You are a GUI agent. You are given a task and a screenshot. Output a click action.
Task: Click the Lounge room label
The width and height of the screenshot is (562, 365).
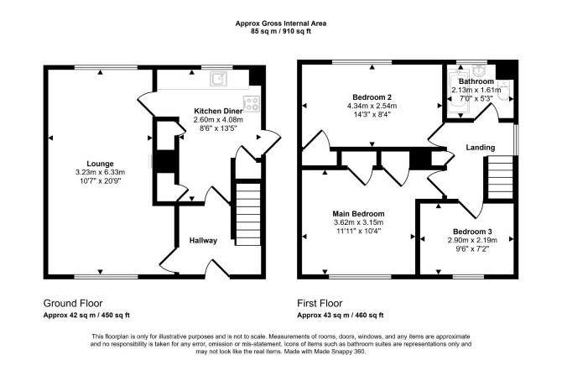[100, 164]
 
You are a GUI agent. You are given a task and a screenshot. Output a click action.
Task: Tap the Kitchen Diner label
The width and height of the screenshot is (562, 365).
[218, 111]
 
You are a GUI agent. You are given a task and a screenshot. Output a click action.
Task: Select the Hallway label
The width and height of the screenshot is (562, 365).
[203, 240]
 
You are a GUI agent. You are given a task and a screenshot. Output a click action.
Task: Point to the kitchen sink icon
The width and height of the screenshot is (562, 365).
[218, 79]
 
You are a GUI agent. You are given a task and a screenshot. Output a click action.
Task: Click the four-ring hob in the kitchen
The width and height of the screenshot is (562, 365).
[252, 103]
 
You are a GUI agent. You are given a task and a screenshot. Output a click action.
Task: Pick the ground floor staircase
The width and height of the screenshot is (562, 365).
[247, 214]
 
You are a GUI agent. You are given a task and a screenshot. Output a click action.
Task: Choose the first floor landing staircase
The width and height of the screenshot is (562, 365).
[501, 177]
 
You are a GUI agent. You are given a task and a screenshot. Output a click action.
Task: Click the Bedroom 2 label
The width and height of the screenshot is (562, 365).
[372, 97]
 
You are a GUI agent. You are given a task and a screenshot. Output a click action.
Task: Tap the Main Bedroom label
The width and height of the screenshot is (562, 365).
[358, 214]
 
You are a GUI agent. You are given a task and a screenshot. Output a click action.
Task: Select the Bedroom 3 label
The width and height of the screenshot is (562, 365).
[472, 232]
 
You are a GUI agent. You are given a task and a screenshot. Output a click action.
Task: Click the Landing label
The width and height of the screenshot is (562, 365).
[481, 148]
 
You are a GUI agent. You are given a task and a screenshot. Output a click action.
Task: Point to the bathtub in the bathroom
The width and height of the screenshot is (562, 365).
[457, 91]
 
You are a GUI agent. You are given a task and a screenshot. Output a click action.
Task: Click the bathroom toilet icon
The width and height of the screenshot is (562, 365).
[505, 91]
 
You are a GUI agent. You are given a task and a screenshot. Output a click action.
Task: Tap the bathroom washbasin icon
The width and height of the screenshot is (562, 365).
[479, 70]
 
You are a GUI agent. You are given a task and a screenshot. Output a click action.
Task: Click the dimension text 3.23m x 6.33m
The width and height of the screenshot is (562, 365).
[100, 173]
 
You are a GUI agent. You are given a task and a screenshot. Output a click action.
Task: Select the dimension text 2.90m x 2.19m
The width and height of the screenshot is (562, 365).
[472, 240]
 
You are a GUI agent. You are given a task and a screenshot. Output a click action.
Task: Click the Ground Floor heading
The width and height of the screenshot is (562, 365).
[73, 304]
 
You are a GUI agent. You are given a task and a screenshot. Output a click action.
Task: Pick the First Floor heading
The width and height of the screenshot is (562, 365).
[320, 304]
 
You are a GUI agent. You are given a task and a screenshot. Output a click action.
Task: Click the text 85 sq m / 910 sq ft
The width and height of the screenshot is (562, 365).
[281, 31]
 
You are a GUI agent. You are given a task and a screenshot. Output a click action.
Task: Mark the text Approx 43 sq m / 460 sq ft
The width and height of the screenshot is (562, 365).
[341, 315]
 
